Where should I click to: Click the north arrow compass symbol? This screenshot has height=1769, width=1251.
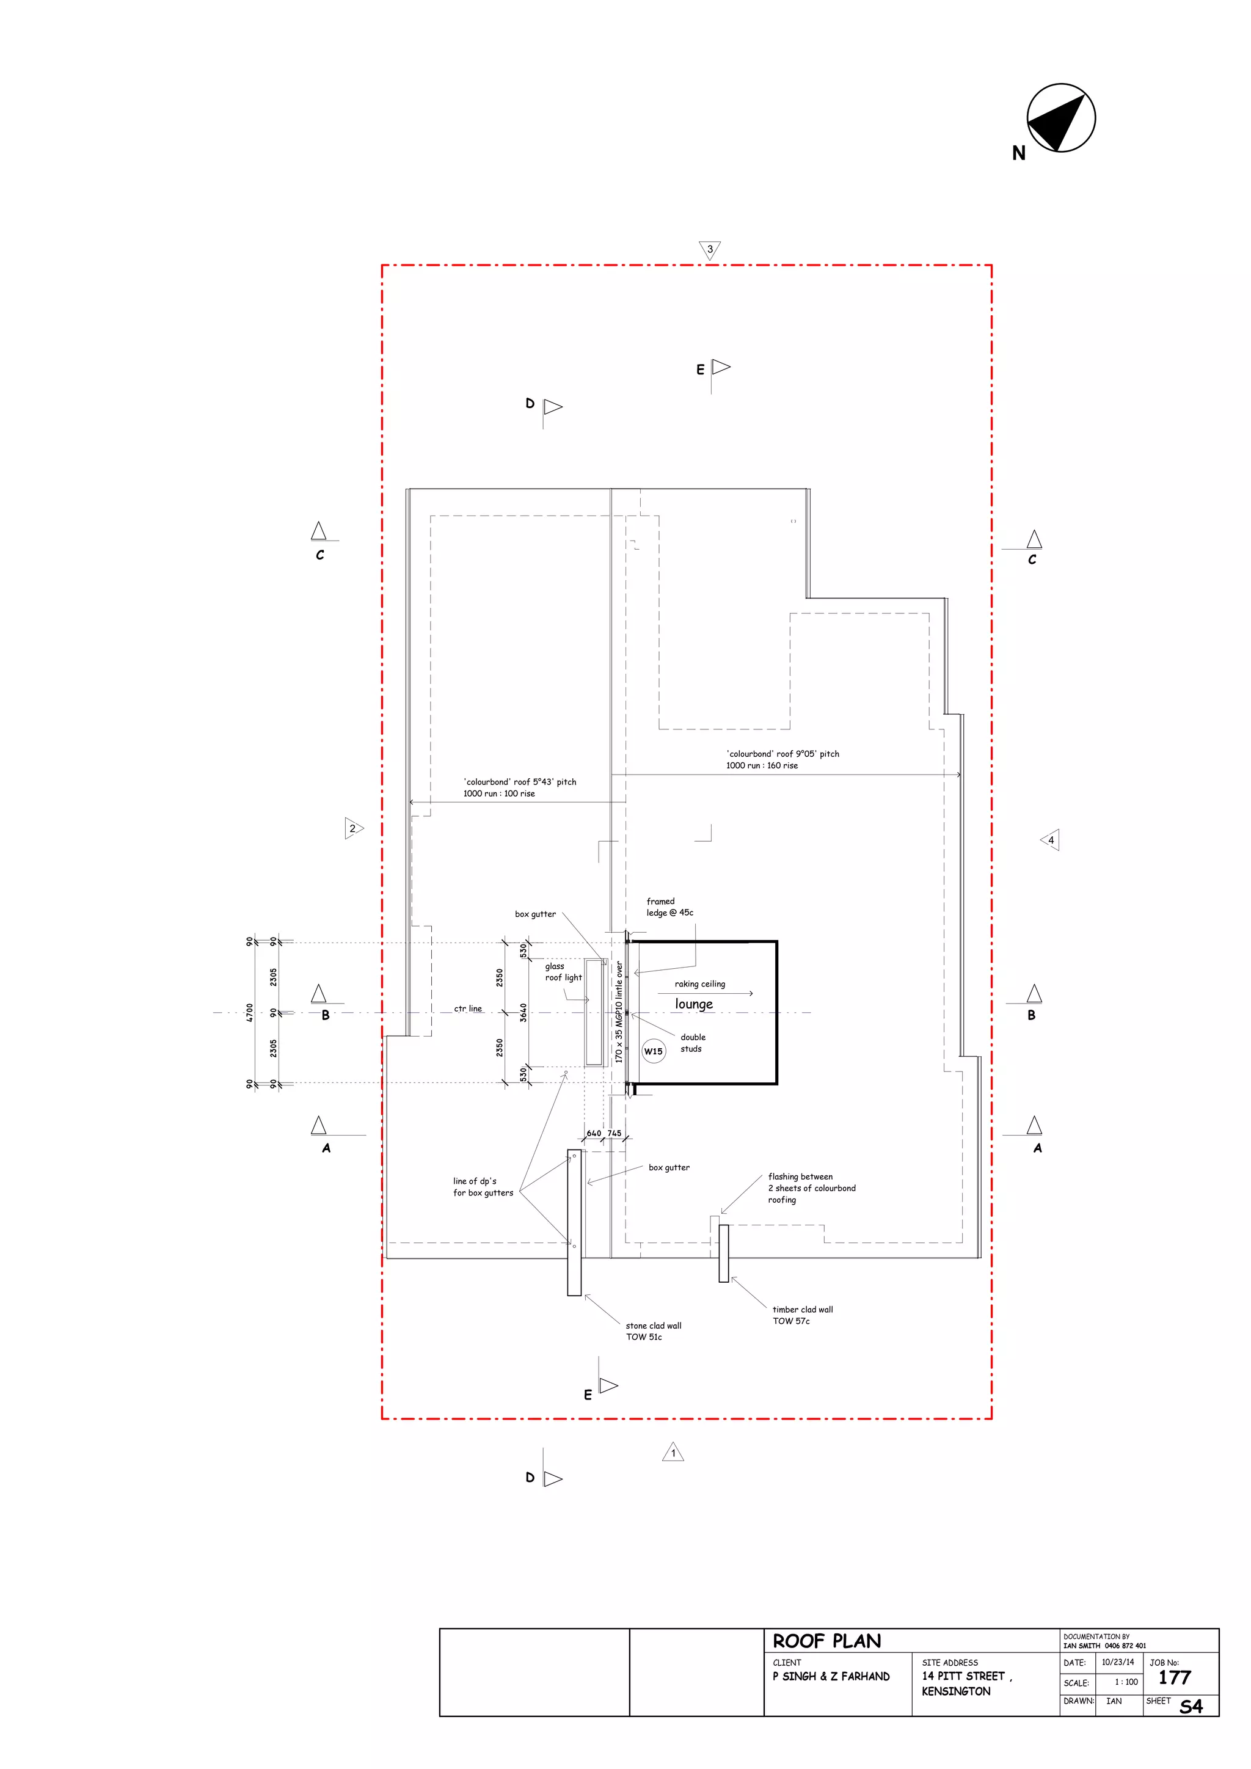[x=1061, y=118]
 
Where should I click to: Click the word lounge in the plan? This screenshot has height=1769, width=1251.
[x=694, y=1004]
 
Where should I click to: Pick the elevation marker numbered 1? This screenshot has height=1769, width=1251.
[x=673, y=1453]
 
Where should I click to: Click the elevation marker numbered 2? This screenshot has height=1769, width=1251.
[x=353, y=828]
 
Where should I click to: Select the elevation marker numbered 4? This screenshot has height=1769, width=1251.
[x=1051, y=840]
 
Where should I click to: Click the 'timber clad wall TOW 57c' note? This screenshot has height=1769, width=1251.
[x=802, y=1315]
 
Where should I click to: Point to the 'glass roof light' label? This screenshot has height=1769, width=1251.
[x=563, y=972]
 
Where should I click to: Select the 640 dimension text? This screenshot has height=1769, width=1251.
[x=594, y=1133]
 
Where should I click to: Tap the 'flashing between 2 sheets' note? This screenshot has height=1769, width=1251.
[x=811, y=1187]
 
